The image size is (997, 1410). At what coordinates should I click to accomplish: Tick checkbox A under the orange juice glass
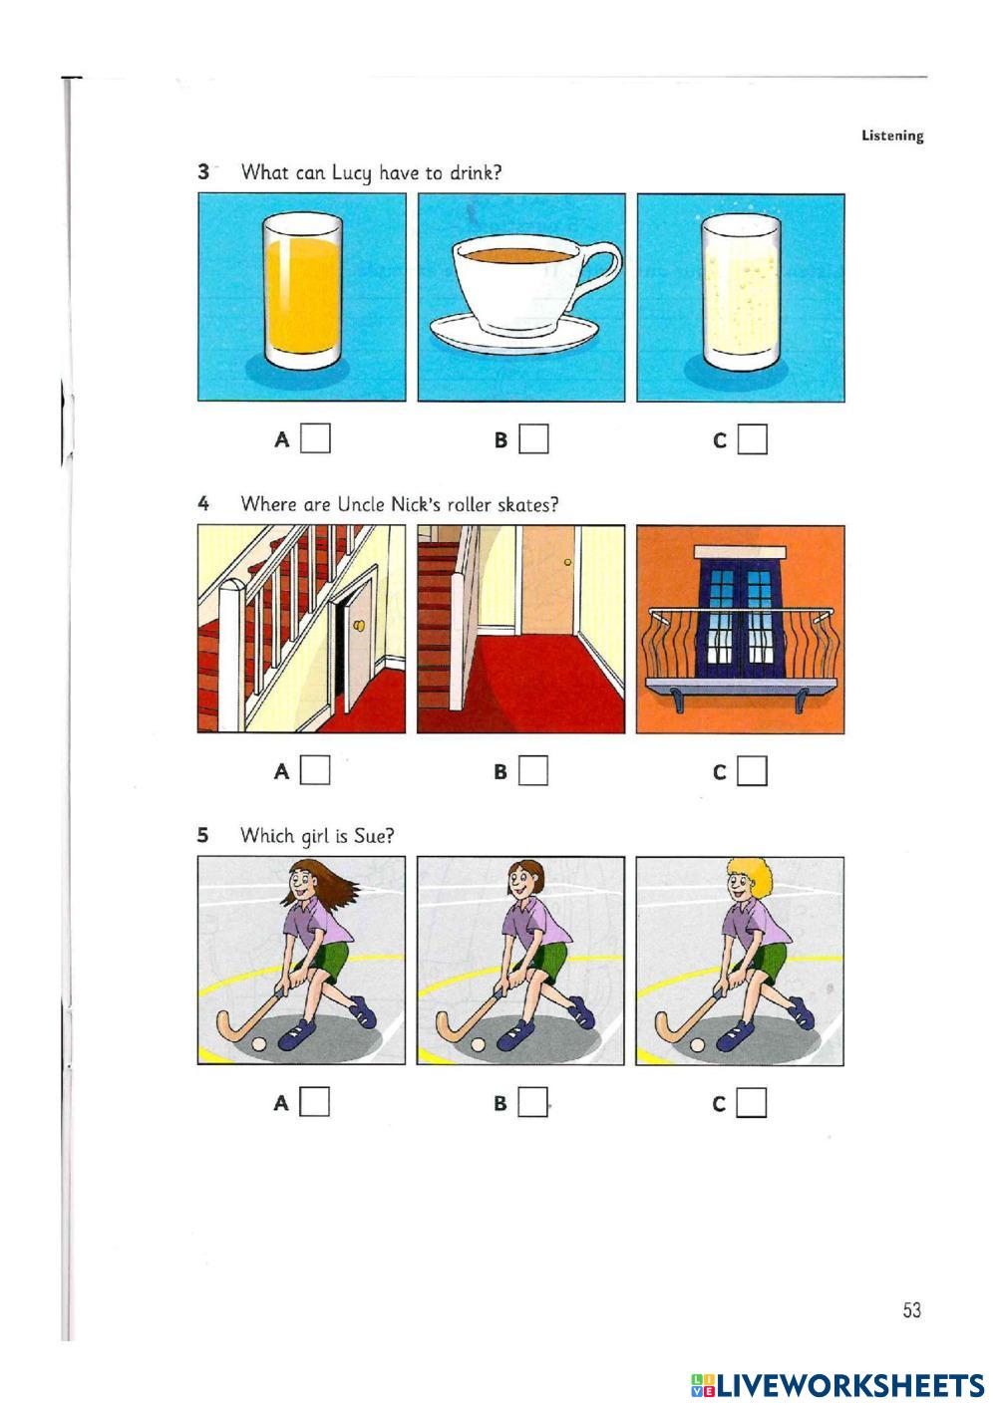coord(315,438)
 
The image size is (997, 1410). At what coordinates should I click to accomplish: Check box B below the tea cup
coord(533,438)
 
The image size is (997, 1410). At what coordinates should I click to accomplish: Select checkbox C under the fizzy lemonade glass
coord(753,438)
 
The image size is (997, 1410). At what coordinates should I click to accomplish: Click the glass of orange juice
coord(303,291)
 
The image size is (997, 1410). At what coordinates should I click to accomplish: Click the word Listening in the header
coord(892,136)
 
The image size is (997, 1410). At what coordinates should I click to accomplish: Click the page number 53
coord(911,1310)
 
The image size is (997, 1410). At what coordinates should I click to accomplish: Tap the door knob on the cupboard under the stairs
coord(360,626)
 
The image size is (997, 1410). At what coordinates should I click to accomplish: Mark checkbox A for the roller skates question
coord(315,770)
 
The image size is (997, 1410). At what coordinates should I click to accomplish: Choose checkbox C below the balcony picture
coord(752,771)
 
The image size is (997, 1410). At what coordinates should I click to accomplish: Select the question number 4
coord(202,503)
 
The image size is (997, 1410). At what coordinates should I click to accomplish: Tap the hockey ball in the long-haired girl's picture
coord(259,1044)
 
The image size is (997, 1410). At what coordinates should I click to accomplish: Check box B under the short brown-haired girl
coord(532,1103)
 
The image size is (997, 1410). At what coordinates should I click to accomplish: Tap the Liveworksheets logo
coord(837,1385)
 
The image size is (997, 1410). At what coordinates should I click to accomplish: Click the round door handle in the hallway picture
coord(567,562)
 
